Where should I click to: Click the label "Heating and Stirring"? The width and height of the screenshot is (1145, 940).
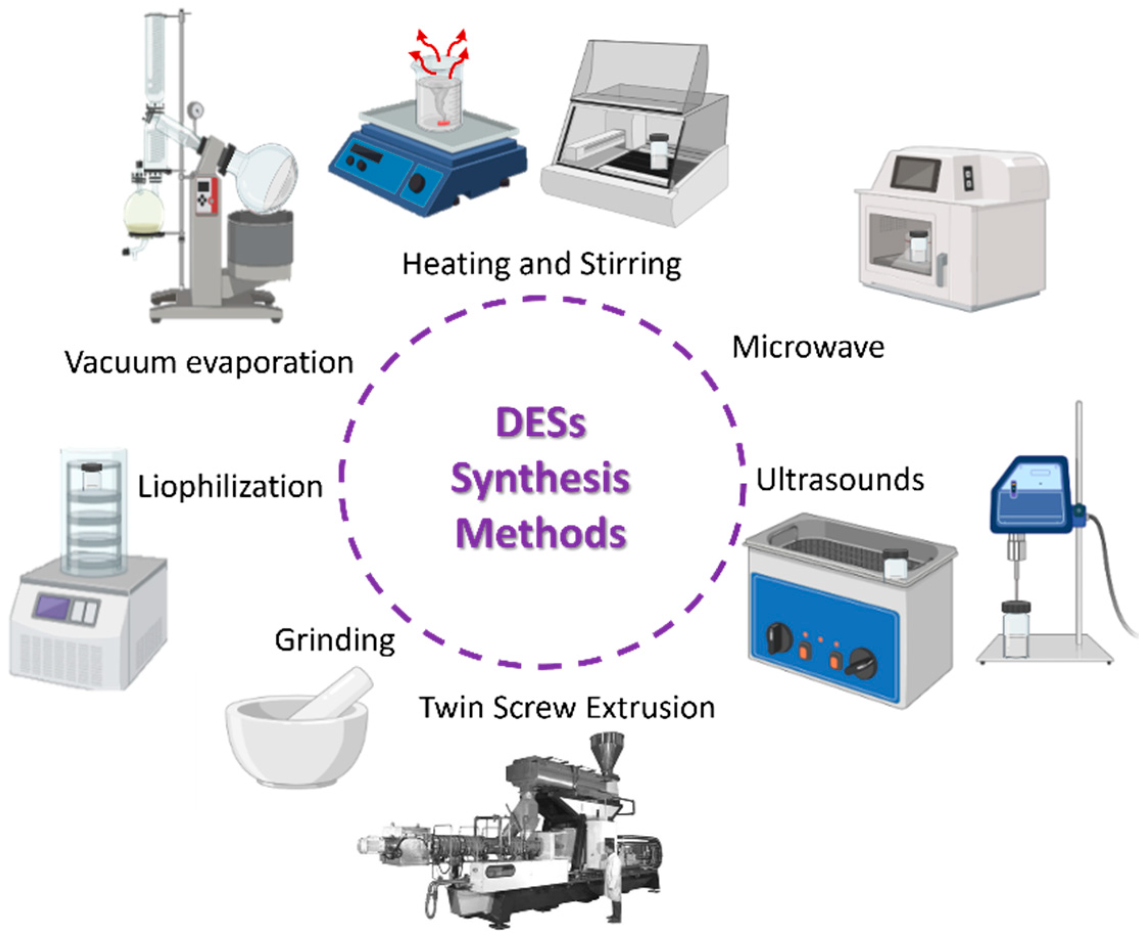541,265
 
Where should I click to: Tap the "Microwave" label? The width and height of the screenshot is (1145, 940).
808,347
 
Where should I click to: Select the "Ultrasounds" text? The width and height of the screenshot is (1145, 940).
839,480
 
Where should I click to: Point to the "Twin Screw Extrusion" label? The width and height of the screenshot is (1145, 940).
567,708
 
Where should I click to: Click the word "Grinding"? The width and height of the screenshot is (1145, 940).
334,641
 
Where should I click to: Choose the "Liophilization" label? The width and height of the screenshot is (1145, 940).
230,486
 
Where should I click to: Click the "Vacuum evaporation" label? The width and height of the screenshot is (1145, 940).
209,362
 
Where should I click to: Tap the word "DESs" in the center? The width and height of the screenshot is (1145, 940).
541,423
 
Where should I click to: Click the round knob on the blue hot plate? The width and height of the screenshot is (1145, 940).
417,183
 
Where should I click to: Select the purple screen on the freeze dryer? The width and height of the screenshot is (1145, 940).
53,606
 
